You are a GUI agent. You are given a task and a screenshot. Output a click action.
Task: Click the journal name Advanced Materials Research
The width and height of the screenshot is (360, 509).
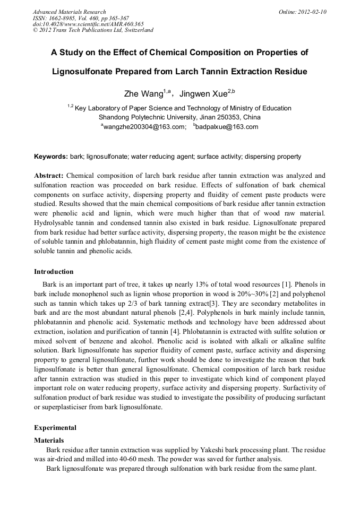(x=69, y=12)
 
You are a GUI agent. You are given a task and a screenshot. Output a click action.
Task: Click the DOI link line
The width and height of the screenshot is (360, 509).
(x=88, y=24)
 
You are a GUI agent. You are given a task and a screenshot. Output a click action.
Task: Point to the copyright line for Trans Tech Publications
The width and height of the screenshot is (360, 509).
(x=93, y=30)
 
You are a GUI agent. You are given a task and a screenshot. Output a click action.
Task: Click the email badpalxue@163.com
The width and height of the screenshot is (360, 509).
(x=226, y=127)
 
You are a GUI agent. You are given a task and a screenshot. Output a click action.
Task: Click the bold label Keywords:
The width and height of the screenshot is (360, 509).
(x=51, y=157)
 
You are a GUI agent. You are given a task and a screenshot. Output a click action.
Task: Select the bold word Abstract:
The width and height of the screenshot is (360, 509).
(x=49, y=176)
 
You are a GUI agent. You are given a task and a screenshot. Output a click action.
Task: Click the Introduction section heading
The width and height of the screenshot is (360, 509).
(x=54, y=272)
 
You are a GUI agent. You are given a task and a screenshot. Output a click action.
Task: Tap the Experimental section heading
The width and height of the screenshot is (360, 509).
(x=55, y=428)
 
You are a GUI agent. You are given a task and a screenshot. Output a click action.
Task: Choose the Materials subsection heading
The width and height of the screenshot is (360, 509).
(x=49, y=441)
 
